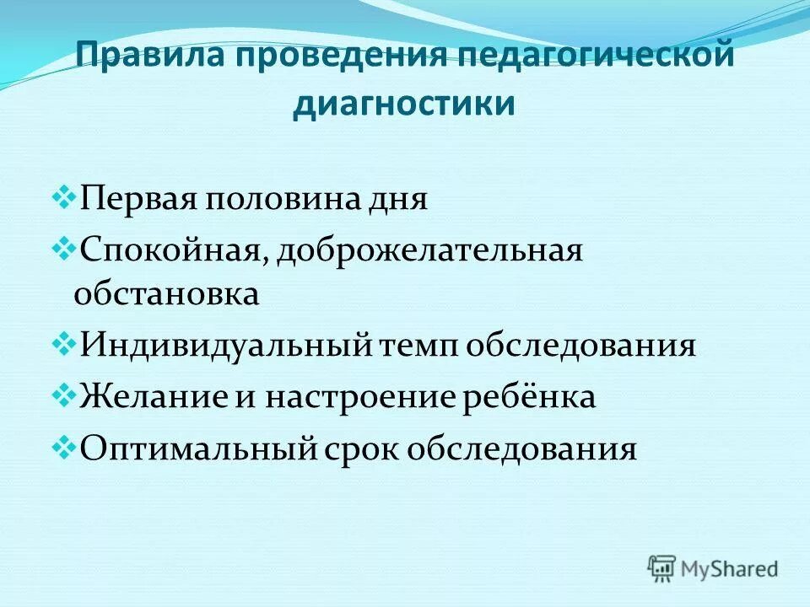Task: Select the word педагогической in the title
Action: (594, 58)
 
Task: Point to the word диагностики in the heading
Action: (403, 105)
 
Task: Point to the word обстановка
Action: (166, 294)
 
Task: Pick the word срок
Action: (362, 448)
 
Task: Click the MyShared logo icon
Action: (662, 567)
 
